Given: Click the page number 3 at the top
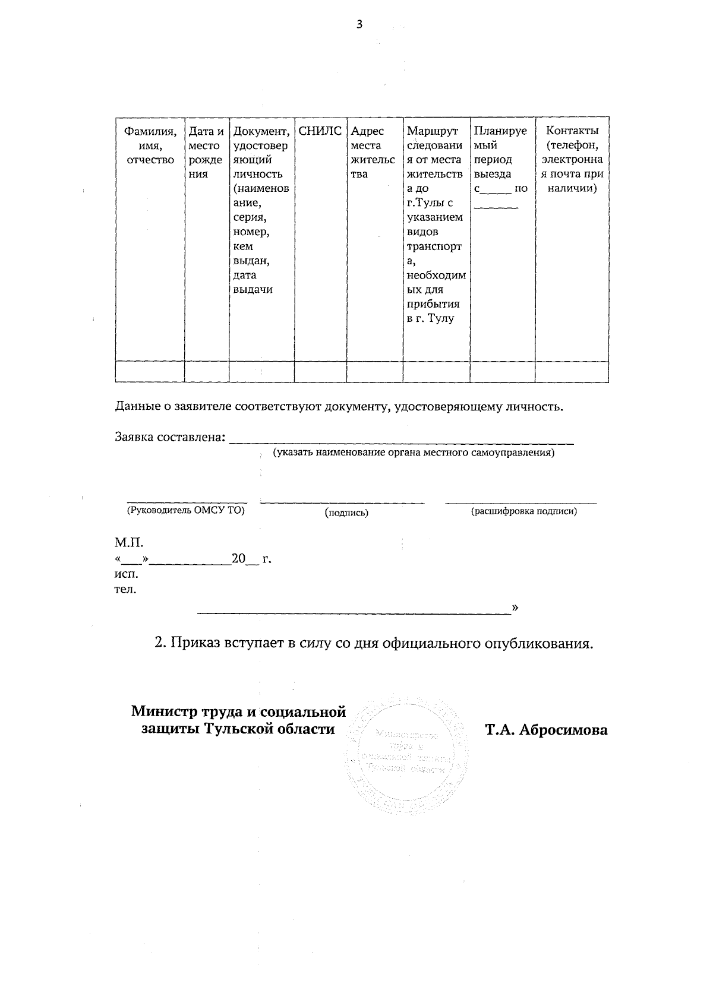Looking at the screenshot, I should pos(358,24).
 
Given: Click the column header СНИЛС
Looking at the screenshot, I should pos(320,131).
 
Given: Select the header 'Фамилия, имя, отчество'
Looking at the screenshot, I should pos(150,145).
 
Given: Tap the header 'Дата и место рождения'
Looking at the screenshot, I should pos(206,153).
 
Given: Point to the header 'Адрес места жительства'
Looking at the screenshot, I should pos(373,153).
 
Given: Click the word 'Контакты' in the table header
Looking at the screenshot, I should pos(572,131).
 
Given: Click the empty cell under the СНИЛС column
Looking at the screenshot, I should pos(320,372).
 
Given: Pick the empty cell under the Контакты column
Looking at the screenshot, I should pos(572,372).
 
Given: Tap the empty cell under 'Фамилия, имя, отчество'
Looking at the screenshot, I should pos(150,372).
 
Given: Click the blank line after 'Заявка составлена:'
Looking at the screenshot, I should pos(401,439).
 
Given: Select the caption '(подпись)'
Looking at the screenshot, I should pos(346,513).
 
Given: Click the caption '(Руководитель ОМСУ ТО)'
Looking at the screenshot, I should pos(185,510).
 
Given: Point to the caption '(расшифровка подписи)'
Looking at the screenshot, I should pos(523,511).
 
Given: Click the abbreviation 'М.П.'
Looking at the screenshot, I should pos(129,543).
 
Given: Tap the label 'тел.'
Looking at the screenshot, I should pos(125,590).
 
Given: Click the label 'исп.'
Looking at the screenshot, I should pos(126,574).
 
